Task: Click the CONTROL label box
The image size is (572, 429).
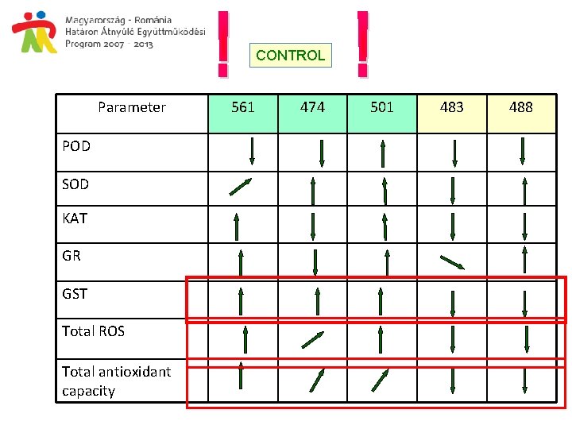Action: (291, 56)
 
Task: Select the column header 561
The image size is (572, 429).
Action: (242, 107)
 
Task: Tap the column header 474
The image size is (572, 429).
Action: (312, 107)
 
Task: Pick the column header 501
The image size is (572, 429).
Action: (382, 107)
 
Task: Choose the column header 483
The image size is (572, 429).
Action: (451, 107)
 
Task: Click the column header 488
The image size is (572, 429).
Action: (520, 107)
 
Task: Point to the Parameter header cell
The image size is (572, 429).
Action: (132, 107)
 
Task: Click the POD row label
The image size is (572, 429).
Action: (76, 146)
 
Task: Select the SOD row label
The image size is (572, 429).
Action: (75, 184)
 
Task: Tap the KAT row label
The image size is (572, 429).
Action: (75, 218)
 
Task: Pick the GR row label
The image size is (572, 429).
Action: (71, 256)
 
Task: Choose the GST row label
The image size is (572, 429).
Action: (75, 294)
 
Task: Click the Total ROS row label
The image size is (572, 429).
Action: (93, 331)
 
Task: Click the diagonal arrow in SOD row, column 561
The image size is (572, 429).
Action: (240, 187)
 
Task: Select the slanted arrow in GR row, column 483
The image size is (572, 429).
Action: (452, 261)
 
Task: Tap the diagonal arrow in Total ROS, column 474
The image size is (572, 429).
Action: (313, 340)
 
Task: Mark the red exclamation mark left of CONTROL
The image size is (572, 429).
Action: (224, 44)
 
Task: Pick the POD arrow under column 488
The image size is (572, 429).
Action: (523, 151)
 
